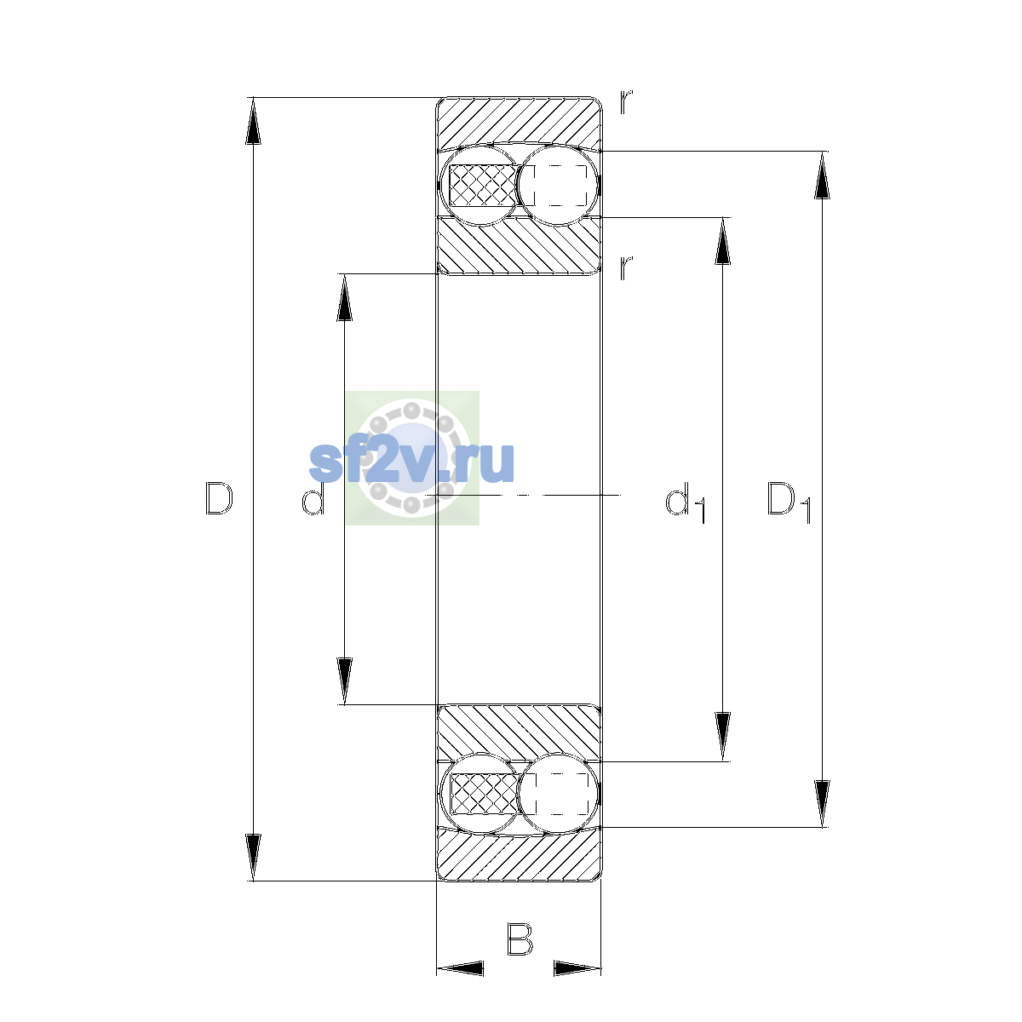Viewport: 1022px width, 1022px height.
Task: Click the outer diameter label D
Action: click(219, 498)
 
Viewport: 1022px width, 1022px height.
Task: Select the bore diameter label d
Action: click(313, 498)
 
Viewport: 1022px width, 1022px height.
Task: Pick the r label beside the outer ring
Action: click(626, 102)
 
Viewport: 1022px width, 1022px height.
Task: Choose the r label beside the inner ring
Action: click(626, 267)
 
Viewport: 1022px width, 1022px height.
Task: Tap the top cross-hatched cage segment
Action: click(484, 185)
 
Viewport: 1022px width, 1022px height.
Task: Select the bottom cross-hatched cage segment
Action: click(484, 794)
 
